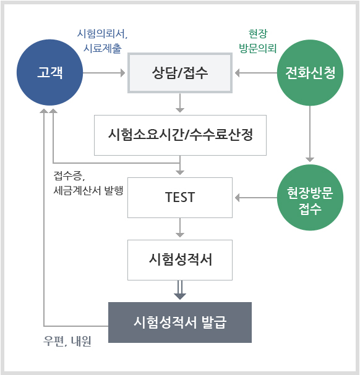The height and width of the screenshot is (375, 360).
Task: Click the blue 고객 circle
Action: pyautogui.click(x=50, y=72)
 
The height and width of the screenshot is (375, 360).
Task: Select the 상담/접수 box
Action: pyautogui.click(x=180, y=73)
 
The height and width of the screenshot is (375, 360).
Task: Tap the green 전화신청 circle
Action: pyautogui.click(x=310, y=72)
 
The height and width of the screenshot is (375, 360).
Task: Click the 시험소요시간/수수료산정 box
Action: pyautogui.click(x=180, y=135)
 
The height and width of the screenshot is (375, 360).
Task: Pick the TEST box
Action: pyautogui.click(x=180, y=198)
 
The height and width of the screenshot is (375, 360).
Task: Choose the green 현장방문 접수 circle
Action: pyautogui.click(x=310, y=198)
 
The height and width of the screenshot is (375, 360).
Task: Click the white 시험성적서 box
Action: pyautogui.click(x=180, y=260)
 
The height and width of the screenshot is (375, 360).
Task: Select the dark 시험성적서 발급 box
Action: pyautogui.click(x=180, y=322)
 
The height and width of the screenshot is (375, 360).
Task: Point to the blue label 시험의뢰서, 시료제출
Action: pyautogui.click(x=102, y=41)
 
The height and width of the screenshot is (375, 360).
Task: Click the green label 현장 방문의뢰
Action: pyautogui.click(x=258, y=41)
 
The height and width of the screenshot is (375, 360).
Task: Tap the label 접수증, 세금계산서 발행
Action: pyautogui.click(x=88, y=183)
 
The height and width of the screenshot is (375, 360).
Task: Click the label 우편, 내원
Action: pyautogui.click(x=67, y=341)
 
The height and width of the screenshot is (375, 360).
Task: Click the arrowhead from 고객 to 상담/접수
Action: pyautogui.click(x=122, y=73)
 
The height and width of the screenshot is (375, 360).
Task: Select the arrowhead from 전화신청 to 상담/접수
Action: pyautogui.click(x=237, y=73)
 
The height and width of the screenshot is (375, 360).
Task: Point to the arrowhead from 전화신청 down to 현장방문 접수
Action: pyautogui.click(x=310, y=159)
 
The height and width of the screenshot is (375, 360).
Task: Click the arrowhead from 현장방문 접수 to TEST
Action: pyautogui.click(x=237, y=198)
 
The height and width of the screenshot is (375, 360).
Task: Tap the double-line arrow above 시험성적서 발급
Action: pyautogui.click(x=180, y=290)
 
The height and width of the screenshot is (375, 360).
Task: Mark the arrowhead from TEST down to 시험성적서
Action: pyautogui.click(x=180, y=235)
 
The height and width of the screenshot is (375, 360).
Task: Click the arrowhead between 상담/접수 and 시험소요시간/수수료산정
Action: pyautogui.click(x=180, y=110)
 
